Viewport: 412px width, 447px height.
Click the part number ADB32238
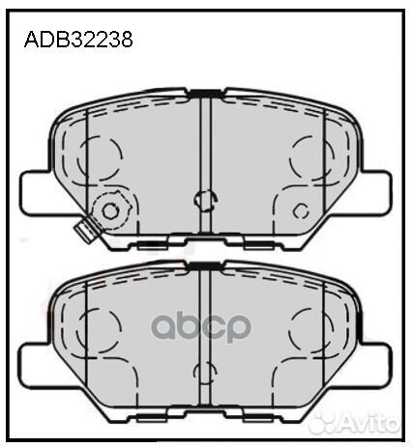[76, 42]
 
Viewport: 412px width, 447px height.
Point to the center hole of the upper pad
[204, 200]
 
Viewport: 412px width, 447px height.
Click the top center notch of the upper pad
[204, 93]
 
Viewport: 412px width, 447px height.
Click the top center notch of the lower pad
[204, 264]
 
